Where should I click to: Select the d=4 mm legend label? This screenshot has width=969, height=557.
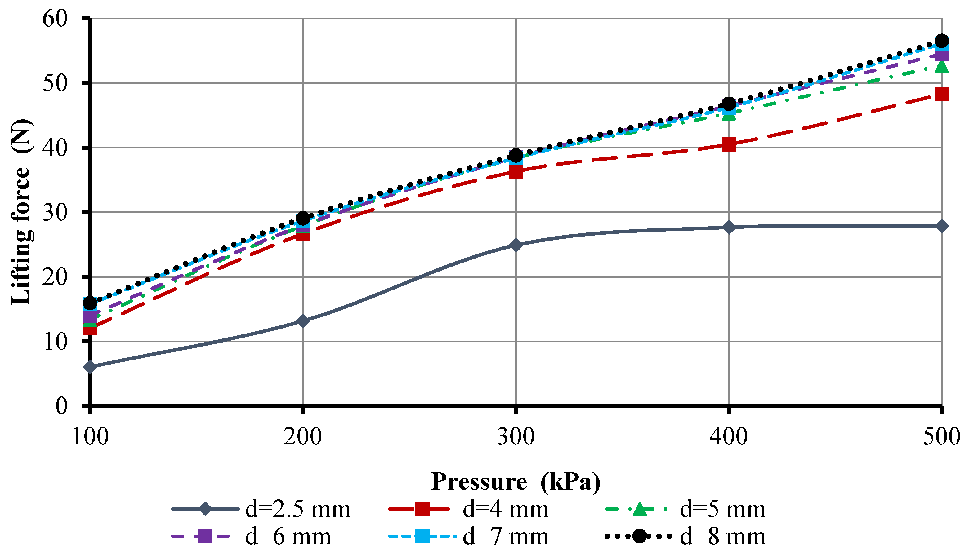pos(505,509)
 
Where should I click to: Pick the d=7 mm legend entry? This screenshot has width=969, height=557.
pos(505,536)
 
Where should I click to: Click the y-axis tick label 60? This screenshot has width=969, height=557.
pos(55,18)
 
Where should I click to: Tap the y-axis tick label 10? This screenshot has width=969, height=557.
pos(55,341)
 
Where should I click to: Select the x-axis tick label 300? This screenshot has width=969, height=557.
pos(516,436)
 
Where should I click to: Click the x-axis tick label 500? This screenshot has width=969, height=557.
pos(941,436)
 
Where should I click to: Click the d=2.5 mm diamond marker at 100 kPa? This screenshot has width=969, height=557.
pos(90,366)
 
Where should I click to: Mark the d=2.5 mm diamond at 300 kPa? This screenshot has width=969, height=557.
pos(516,245)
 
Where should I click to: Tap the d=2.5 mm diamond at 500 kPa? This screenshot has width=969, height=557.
pos(941,226)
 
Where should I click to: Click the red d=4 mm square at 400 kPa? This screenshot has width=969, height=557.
pos(729,145)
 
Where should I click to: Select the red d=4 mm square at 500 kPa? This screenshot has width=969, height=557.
pos(941,94)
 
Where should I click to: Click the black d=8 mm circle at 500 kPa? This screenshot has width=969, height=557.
pos(941,41)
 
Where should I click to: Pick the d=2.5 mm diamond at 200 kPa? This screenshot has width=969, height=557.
pos(303,320)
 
